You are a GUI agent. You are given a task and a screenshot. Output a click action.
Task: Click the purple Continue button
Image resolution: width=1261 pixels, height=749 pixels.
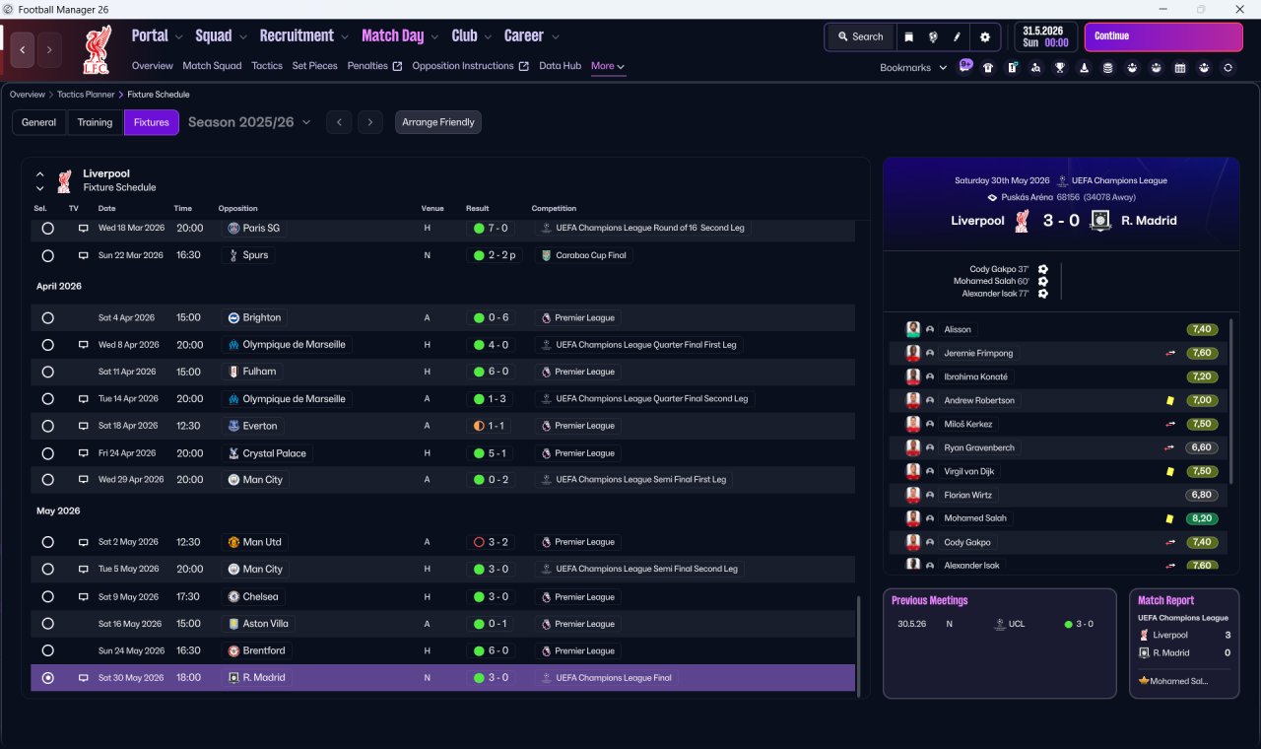pyautogui.click(x=1163, y=36)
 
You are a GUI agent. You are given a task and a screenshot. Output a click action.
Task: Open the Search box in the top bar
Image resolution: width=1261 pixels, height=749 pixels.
pyautogui.click(x=861, y=36)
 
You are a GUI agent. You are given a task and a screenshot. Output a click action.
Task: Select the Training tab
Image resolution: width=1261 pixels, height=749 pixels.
pyautogui.click(x=95, y=122)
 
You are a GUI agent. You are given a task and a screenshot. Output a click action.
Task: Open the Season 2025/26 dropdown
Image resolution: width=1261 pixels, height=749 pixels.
pyautogui.click(x=249, y=122)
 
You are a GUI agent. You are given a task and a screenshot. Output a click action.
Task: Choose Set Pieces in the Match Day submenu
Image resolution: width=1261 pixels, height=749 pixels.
pyautogui.click(x=314, y=66)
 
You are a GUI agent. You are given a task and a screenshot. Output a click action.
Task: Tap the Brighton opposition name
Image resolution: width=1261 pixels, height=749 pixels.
pyautogui.click(x=262, y=317)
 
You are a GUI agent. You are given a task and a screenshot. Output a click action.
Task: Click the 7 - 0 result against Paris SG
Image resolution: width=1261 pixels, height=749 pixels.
pyautogui.click(x=498, y=228)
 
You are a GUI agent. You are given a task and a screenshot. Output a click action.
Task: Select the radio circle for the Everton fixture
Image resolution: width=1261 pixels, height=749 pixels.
pyautogui.click(x=48, y=427)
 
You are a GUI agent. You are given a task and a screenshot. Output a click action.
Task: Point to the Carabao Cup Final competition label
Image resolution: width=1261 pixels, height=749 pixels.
pyautogui.click(x=590, y=255)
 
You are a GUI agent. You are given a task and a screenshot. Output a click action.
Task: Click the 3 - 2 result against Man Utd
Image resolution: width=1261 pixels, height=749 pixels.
pyautogui.click(x=498, y=542)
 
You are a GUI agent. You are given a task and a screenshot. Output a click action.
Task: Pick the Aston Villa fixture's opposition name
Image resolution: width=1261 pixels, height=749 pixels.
pyautogui.click(x=265, y=624)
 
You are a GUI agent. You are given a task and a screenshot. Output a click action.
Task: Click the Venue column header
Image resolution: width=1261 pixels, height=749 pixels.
pyautogui.click(x=432, y=208)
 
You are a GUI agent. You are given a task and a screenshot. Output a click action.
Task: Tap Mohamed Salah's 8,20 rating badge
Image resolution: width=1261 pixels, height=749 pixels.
pyautogui.click(x=1201, y=518)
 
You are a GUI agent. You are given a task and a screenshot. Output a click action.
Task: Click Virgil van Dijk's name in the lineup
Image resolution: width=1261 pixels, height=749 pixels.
pyautogui.click(x=968, y=471)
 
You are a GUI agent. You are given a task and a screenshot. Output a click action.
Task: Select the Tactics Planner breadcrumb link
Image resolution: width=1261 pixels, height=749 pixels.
pyautogui.click(x=86, y=95)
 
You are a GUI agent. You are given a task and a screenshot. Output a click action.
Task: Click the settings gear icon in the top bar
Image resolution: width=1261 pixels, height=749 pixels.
pyautogui.click(x=984, y=37)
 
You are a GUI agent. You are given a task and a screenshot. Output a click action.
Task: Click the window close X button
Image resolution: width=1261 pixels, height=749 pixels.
pyautogui.click(x=1239, y=9)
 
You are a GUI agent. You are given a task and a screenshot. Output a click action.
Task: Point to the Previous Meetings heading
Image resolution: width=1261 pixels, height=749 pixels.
pyautogui.click(x=929, y=600)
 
